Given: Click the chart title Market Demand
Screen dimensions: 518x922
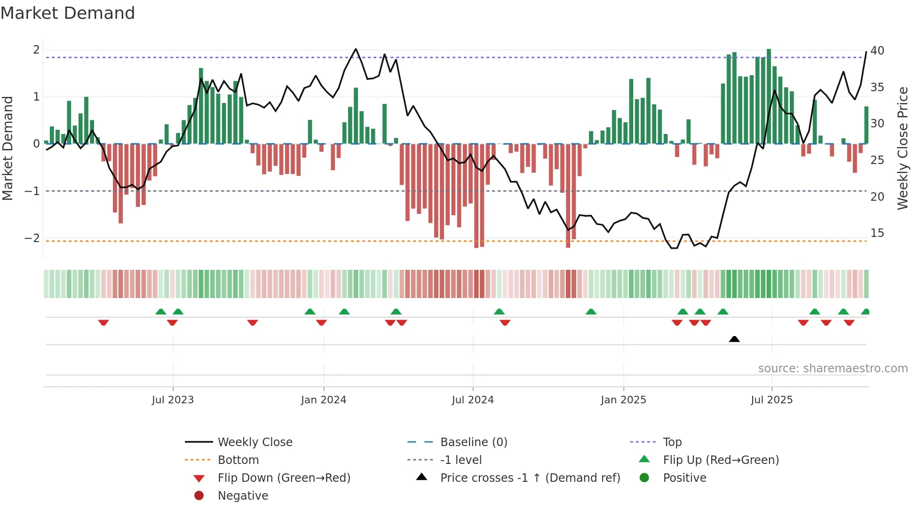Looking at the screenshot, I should [x=68, y=13].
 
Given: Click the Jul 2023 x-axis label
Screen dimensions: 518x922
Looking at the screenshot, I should [x=173, y=400].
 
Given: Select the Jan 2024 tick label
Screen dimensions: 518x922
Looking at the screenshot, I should [x=324, y=400].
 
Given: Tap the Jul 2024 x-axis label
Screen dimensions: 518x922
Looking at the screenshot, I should [x=473, y=400].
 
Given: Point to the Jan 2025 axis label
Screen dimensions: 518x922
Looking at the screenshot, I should [x=623, y=400].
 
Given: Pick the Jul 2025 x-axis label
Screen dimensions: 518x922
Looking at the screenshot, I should [x=771, y=400].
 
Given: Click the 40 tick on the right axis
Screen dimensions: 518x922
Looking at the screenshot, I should [x=877, y=51].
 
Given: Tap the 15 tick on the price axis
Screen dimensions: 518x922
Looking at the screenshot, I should [x=877, y=233].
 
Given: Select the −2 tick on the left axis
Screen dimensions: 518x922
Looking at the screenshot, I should [x=32, y=238].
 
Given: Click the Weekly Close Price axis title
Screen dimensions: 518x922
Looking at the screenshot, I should [x=902, y=148].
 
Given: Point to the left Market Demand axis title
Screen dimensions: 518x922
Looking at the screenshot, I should [x=8, y=148].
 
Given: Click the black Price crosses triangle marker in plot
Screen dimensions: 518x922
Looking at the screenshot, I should [x=734, y=339].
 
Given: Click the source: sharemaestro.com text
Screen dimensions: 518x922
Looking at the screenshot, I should [x=833, y=369].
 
